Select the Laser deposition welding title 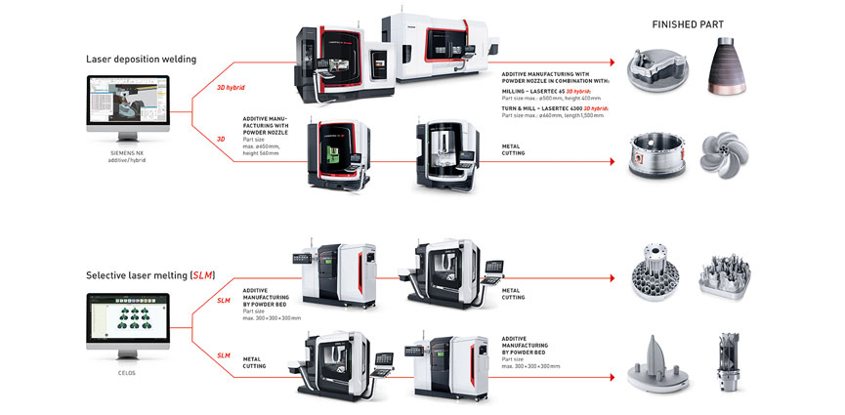coord(141,59)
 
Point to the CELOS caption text coord(127,371)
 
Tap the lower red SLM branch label coord(224,355)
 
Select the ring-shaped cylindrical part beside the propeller coord(655,157)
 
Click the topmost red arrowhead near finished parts coord(613,62)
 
